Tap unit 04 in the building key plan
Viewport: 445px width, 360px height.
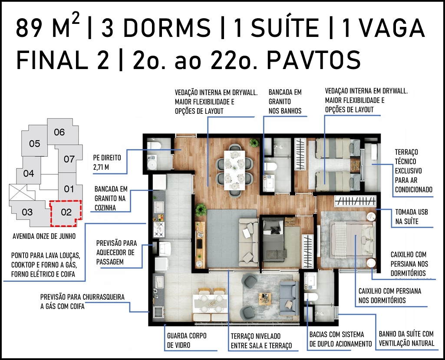pyautogui.click(x=28, y=173)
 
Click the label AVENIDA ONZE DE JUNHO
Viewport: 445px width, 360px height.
pyautogui.click(x=44, y=236)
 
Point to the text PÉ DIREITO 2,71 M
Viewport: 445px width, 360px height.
pyautogui.click(x=107, y=162)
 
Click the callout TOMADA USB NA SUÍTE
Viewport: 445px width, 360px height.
pyautogui.click(x=412, y=217)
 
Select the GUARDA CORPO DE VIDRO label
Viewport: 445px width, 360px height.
pyautogui.click(x=187, y=340)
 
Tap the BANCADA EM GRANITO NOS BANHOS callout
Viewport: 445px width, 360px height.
pyautogui.click(x=285, y=101)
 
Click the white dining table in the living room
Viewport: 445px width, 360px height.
pyautogui.click(x=234, y=170)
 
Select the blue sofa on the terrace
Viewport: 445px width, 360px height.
pyautogui.click(x=289, y=298)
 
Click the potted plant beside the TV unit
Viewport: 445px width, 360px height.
pyautogui.click(x=201, y=209)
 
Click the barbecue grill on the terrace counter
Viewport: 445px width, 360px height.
pyautogui.click(x=158, y=313)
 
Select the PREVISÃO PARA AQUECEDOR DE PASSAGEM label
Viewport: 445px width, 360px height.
pyautogui.click(x=116, y=252)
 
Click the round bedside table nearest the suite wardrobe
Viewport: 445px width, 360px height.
pyautogui.click(x=370, y=217)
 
